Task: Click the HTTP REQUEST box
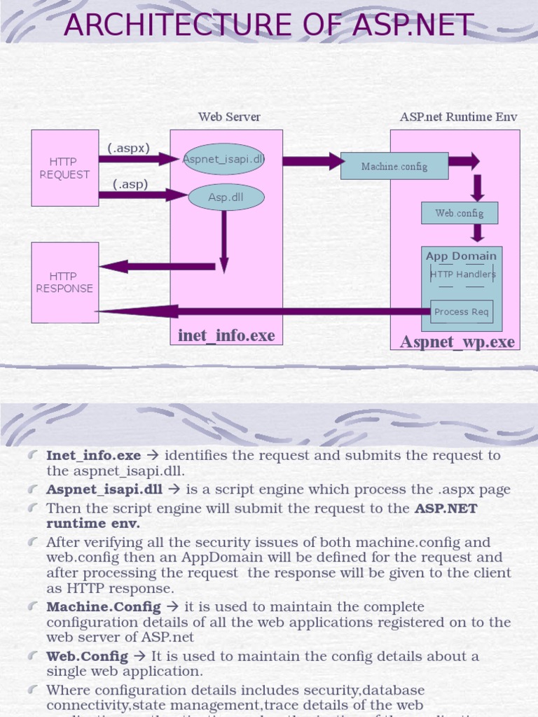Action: pos(64,168)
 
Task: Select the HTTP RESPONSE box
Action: pos(64,282)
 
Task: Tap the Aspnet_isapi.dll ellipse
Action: pos(223,159)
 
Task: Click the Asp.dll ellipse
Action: pos(226,197)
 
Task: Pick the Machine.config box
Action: pos(394,167)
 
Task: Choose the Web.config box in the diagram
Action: pos(459,213)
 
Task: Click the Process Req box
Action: pos(461,312)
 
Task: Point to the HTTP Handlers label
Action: pos(462,274)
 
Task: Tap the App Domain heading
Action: pos(461,256)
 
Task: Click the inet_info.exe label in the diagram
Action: pos(226,336)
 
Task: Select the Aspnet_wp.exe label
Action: pos(457,342)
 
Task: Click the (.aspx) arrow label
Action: pos(129,148)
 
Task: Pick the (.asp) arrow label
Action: pos(130,185)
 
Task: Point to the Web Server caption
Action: pos(229,117)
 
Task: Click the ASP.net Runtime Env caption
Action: pos(458,117)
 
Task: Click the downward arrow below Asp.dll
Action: pos(223,242)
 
